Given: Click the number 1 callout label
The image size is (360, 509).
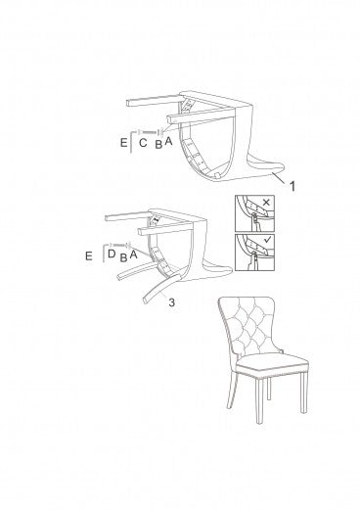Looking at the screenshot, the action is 292,186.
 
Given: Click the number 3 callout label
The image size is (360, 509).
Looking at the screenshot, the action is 171,302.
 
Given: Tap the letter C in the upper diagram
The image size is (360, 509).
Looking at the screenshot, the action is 143,143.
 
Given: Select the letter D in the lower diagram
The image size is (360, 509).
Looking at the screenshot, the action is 112,254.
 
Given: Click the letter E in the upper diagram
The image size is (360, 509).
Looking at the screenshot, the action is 123,143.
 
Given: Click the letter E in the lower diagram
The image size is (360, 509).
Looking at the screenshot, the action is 89,256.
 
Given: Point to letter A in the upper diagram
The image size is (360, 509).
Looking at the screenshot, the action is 168,141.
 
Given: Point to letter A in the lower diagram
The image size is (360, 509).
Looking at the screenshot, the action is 133,254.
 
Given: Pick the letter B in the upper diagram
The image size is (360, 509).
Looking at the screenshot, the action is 158,144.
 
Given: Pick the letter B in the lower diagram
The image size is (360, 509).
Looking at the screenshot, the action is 123,257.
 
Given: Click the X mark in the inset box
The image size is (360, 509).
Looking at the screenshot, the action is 266,203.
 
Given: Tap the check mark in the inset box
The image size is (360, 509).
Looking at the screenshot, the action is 267,241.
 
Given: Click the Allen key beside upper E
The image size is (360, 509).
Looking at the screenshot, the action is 132,141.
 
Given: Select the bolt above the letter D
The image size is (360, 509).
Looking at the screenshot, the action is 119,245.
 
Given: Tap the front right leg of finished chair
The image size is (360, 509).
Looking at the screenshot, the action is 303,393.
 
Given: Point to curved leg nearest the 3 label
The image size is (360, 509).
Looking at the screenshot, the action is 160,289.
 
